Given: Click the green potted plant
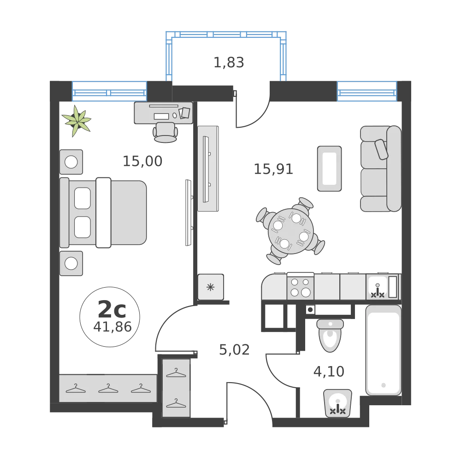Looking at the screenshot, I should point(77,121).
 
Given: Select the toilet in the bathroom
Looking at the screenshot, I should point(330,336).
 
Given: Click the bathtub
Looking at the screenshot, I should point(383,351).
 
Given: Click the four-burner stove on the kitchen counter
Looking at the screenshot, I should point(300,287).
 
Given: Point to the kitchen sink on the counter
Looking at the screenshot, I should point(378,287).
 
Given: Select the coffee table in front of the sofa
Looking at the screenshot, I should point(330,168).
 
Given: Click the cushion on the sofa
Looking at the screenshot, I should point(382,149).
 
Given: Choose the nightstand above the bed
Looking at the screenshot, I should point(71,162).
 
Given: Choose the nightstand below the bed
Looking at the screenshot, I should point(71,263).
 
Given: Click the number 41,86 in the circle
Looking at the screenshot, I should point(112,327).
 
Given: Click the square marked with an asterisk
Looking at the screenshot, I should point(211,287).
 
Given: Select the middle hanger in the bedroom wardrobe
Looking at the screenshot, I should point(108,389).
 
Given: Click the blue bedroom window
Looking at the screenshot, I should point(109,91).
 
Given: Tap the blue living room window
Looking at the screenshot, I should point(366,91).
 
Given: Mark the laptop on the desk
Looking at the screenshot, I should point(161,116).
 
